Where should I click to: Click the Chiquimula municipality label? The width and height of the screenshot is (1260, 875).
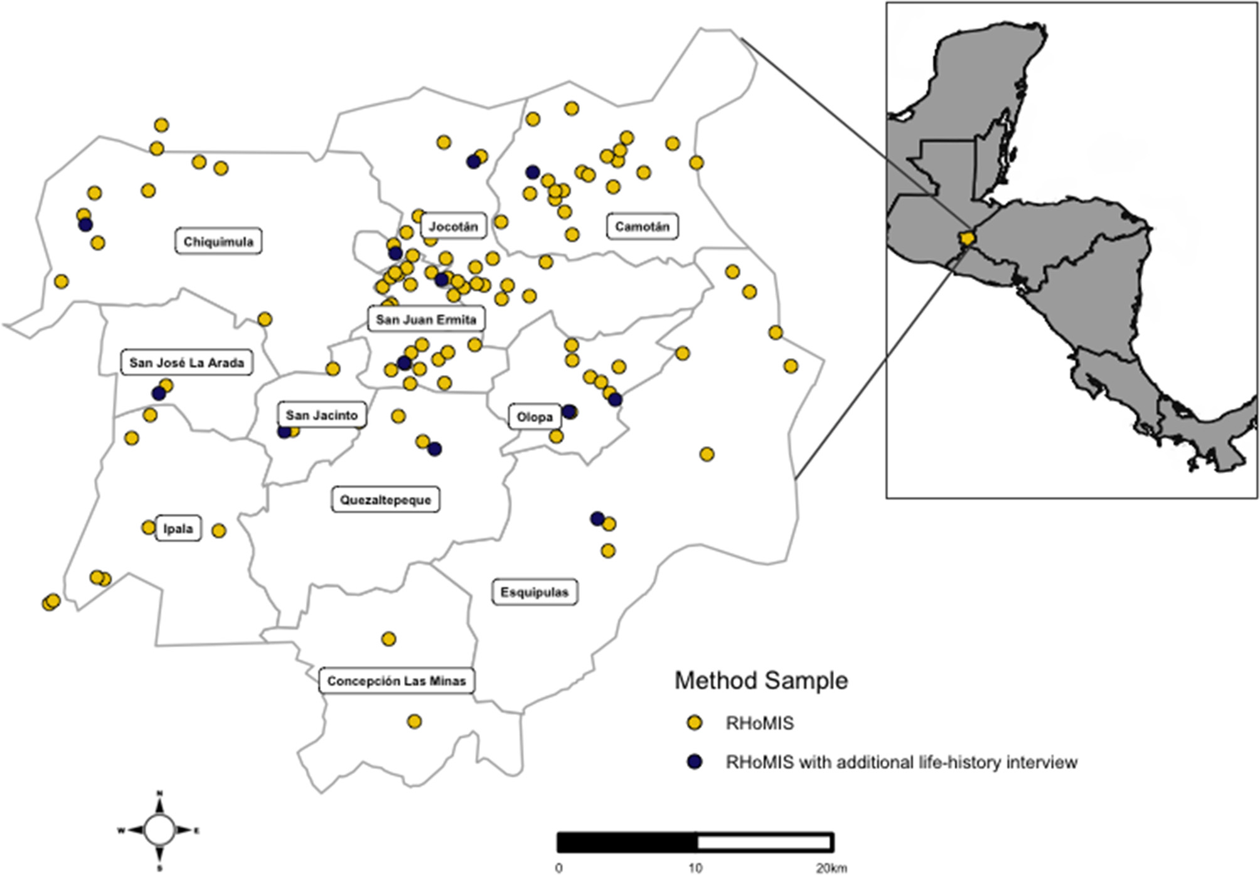point(218,241)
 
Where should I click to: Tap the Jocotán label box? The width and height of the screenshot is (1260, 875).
point(453,226)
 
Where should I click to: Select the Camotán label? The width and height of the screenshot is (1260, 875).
point(642,226)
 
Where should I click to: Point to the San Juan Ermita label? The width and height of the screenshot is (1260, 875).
point(425,319)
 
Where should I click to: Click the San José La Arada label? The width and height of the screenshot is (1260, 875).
point(186,363)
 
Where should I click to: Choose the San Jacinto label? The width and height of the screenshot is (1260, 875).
point(321,415)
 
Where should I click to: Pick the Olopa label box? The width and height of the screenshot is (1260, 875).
point(534,417)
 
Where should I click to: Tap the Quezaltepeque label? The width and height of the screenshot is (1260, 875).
point(385,500)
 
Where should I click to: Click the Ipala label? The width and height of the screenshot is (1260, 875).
point(178,529)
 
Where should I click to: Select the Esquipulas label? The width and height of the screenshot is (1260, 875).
point(534,592)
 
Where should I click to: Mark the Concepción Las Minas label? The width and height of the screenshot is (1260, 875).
point(397,681)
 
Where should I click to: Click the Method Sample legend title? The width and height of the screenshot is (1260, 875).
point(761,681)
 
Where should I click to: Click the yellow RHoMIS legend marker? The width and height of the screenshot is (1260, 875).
point(694,723)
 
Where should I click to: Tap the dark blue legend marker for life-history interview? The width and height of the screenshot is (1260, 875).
point(694,762)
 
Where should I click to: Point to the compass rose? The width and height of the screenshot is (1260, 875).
point(159,830)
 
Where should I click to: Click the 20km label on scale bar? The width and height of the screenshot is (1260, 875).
point(831,869)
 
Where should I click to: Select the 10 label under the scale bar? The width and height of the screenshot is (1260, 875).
point(695,869)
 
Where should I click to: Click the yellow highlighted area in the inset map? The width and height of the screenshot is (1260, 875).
point(965,238)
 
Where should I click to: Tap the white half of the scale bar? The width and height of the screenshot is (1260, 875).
point(764,842)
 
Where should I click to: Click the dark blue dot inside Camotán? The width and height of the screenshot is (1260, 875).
point(533,172)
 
